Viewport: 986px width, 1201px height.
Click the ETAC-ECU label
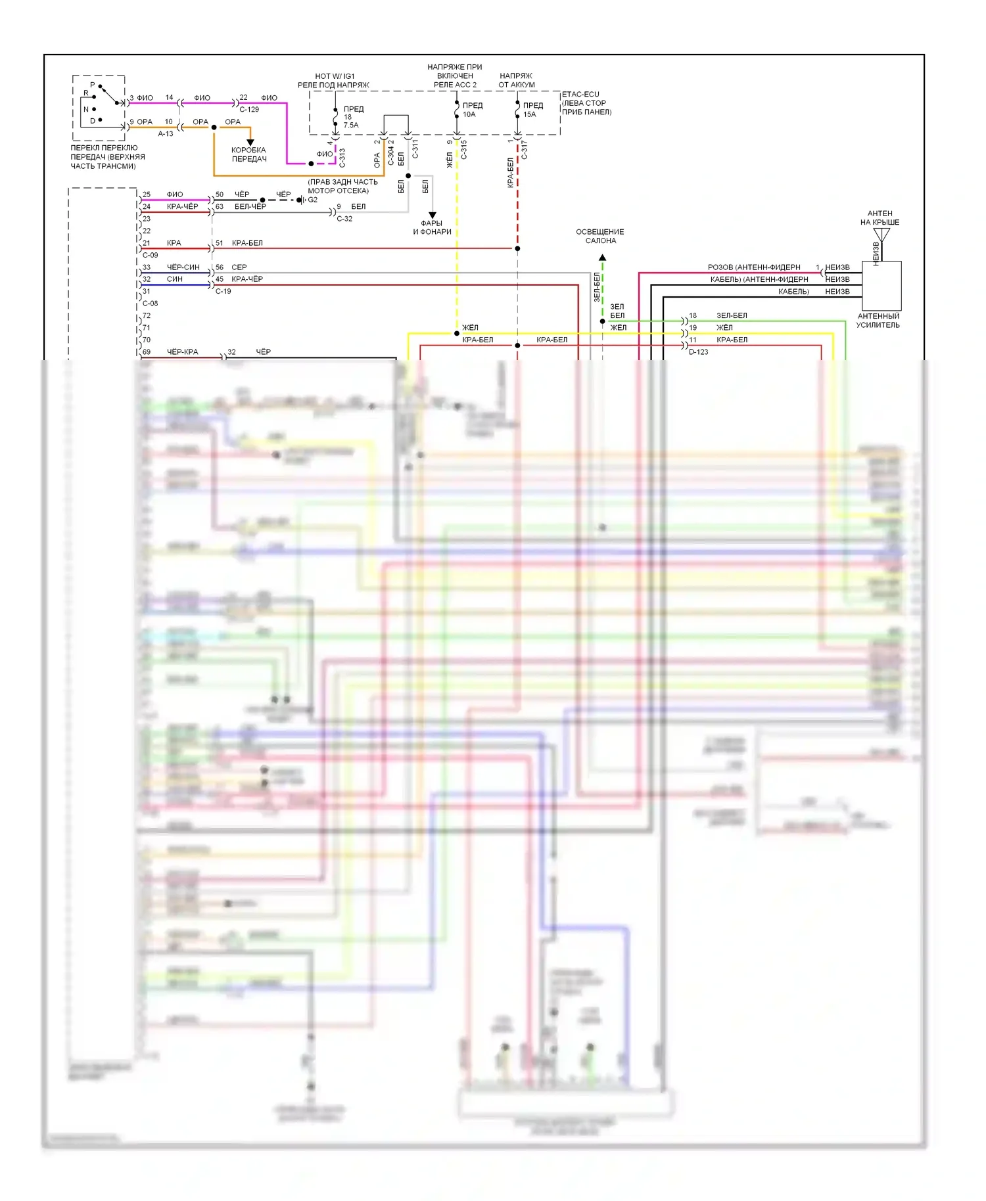tap(580, 95)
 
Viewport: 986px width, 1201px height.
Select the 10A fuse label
tap(469, 114)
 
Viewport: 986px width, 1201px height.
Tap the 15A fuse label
tap(529, 114)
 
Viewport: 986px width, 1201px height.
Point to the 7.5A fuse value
tap(351, 125)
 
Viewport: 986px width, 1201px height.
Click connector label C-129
tap(249, 110)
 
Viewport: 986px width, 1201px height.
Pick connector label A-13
tap(166, 133)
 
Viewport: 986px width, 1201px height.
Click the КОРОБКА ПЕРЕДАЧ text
tap(249, 154)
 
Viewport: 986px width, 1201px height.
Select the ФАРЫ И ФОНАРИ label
tap(432, 227)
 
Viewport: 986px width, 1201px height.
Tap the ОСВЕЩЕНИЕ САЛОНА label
tap(600, 236)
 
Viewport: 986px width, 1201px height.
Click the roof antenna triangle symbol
tap(881, 235)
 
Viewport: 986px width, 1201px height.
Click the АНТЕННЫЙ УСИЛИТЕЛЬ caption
tap(878, 321)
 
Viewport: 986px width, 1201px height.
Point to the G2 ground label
tap(313, 200)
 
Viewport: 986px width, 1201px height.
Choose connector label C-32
tap(344, 219)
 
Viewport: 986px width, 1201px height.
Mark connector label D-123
tap(698, 352)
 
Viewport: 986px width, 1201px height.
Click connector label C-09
tap(151, 255)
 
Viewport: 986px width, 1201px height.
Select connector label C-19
tap(223, 291)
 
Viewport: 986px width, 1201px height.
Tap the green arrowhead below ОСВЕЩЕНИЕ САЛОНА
tap(602, 258)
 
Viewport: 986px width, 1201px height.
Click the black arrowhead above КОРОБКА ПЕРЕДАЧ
tap(250, 142)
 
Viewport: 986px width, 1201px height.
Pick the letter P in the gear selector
tap(92, 85)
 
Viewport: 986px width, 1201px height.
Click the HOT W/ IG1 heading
tap(335, 76)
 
